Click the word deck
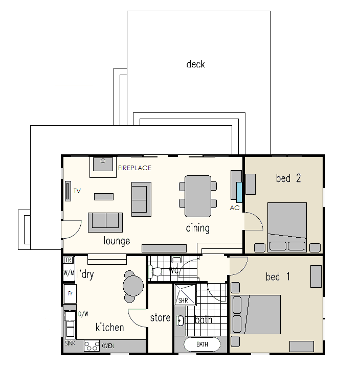tap(196, 64)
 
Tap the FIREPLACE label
tap(134, 168)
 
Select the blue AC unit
tap(239, 192)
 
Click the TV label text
tap(77, 191)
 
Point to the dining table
tap(198, 196)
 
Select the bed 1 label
tap(278, 277)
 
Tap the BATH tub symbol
tap(202, 345)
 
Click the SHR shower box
tap(183, 295)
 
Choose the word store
tap(160, 318)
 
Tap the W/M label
tap(69, 273)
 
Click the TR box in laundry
tap(69, 260)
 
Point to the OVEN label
tap(107, 346)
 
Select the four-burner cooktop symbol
tap(92, 346)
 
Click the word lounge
tap(117, 241)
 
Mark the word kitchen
tap(109, 327)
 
